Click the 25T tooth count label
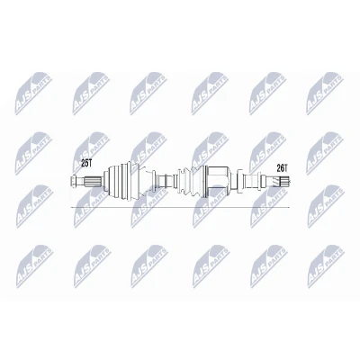click(86, 163)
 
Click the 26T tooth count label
click(282, 168)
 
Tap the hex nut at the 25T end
click(74, 182)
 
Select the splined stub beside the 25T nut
click(93, 182)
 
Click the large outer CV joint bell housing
click(121, 182)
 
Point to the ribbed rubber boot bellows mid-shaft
click(191, 182)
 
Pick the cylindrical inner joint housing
click(218, 182)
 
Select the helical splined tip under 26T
click(281, 182)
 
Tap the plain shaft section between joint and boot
click(164, 182)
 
